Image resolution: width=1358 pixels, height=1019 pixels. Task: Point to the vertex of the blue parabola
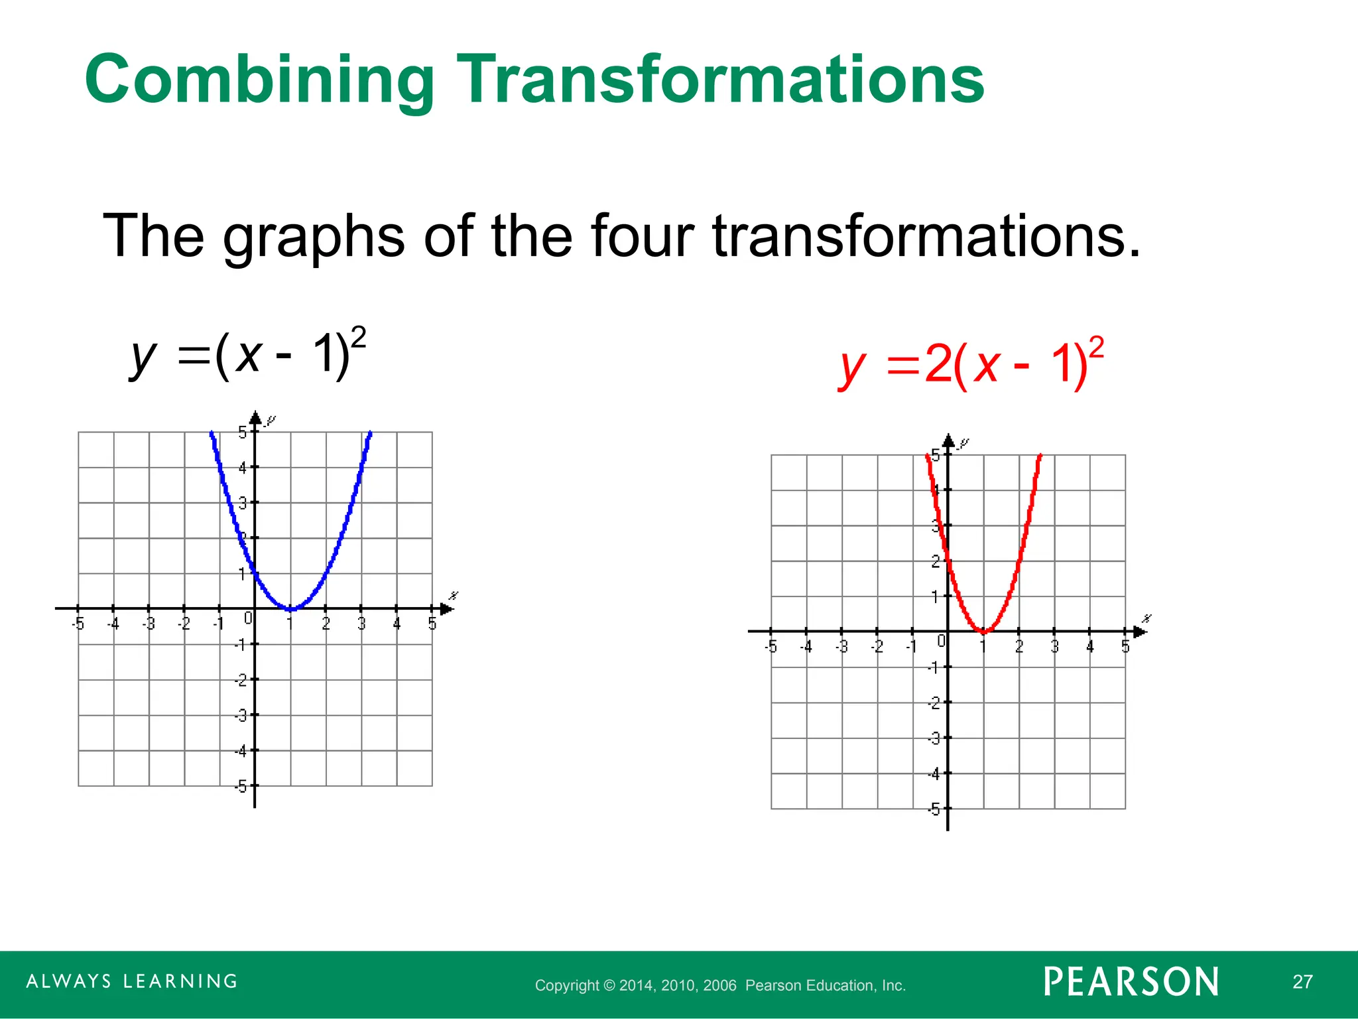(290, 608)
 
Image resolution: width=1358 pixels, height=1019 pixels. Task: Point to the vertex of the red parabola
(983, 631)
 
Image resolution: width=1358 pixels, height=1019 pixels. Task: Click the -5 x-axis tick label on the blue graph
(78, 624)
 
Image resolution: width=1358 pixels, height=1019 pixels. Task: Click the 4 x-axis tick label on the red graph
(1089, 646)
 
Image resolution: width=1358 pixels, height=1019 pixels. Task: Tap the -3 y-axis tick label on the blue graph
(241, 716)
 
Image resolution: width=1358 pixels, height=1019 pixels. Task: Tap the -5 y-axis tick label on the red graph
(934, 809)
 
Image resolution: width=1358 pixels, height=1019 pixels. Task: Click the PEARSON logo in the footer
(1131, 982)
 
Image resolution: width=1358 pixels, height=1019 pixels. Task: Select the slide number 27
(1302, 982)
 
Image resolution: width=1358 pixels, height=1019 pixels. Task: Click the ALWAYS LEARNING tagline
(132, 981)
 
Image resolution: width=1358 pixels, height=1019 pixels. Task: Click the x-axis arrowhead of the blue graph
(446, 608)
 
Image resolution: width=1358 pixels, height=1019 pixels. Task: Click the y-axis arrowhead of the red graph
(948, 441)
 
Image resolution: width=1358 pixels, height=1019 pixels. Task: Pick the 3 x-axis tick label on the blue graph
(361, 624)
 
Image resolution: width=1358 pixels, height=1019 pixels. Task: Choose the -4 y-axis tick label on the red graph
(934, 774)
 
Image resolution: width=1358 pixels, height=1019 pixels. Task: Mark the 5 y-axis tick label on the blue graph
(243, 433)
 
